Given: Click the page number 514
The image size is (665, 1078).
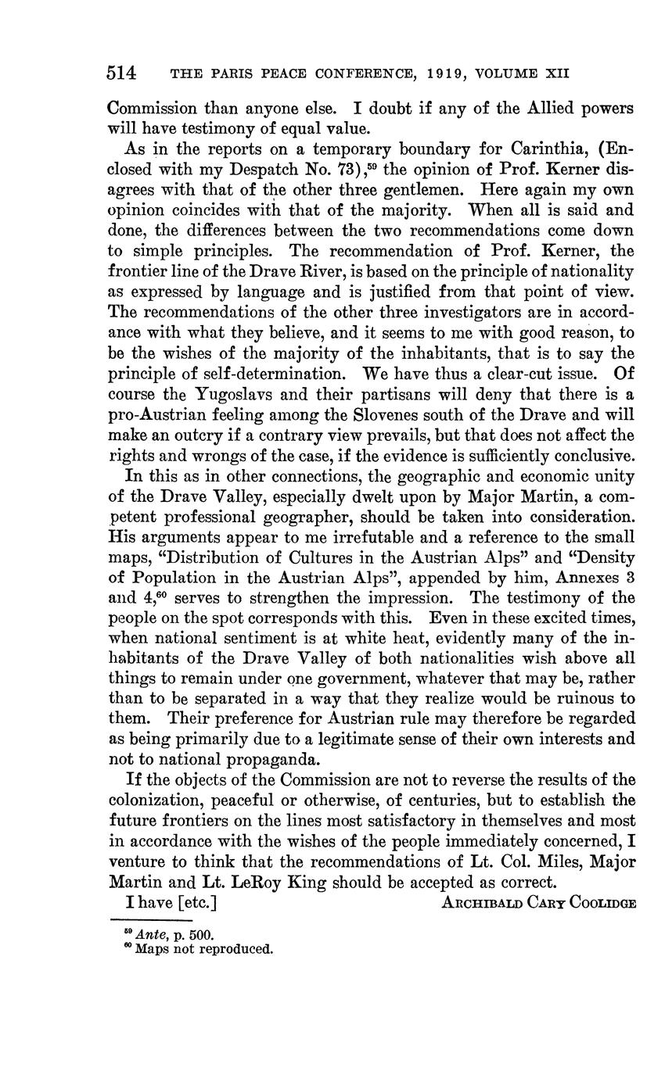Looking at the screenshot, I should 121,73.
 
